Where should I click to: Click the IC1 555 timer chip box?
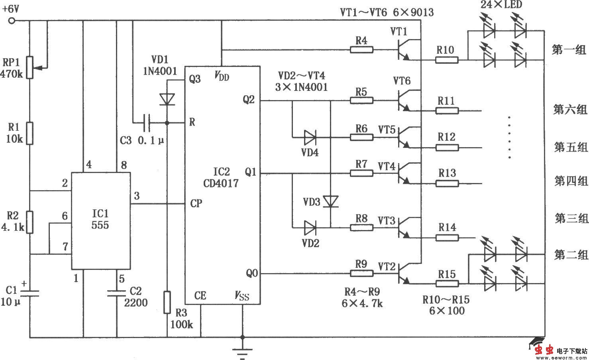[100, 220]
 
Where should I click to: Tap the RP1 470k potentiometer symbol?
[30, 67]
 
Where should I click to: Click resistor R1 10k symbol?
[30, 133]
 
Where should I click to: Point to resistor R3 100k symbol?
[167, 302]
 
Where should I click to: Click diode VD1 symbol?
[167, 99]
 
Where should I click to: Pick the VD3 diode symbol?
[330, 201]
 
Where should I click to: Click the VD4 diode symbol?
[310, 138]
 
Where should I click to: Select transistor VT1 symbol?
[404, 49]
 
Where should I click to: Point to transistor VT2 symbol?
[404, 273]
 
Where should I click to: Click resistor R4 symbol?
[361, 50]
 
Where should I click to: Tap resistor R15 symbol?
[447, 283]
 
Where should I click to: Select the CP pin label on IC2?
[196, 204]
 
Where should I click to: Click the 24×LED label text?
[501, 5]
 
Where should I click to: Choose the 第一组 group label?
[569, 50]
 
